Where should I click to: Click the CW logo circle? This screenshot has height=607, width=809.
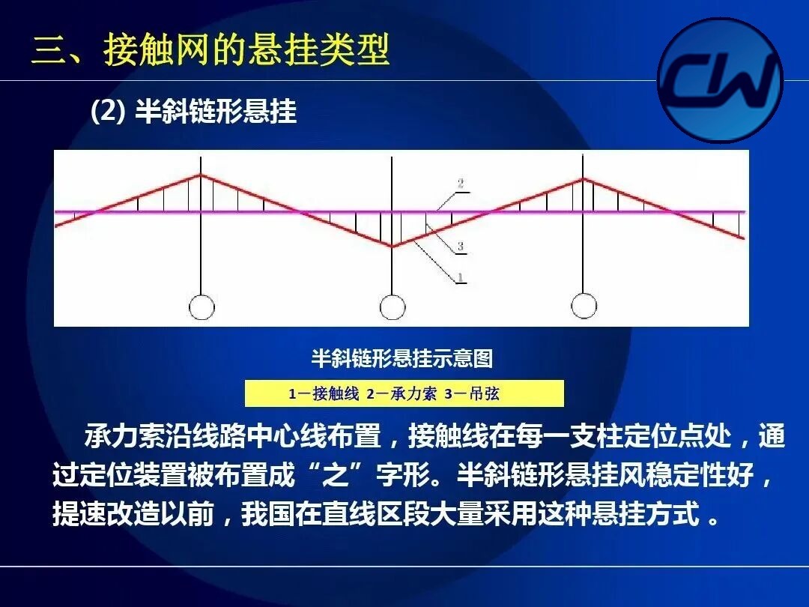721,80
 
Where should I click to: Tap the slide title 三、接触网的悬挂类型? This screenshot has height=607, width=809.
210,50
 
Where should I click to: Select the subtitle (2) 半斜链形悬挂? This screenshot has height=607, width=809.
193,111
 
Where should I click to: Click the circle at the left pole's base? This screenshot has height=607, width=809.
202,308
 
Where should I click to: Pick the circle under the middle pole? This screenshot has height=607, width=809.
392,308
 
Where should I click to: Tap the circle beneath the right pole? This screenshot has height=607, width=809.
584,306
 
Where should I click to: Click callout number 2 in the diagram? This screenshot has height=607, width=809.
460,184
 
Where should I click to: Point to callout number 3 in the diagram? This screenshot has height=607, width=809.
460,247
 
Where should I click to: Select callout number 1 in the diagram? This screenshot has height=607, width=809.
460,278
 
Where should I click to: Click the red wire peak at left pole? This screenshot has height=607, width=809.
201,175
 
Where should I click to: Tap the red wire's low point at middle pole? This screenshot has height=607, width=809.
392,247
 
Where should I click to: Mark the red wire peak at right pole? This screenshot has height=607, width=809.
583,179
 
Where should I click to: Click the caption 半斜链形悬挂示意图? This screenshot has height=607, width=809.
402,358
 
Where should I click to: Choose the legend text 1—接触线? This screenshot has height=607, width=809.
324,394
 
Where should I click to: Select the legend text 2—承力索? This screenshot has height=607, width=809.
402,394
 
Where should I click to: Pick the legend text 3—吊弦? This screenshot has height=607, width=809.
472,394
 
